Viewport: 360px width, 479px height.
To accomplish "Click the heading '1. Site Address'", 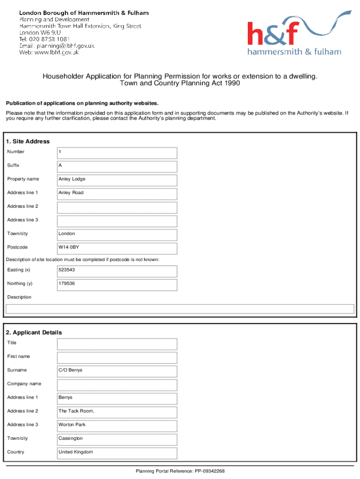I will [x=28, y=141].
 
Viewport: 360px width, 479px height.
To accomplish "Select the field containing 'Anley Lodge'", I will [x=117, y=180].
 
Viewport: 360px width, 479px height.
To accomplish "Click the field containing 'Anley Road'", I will [x=117, y=193].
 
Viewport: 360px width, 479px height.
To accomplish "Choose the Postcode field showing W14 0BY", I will [x=117, y=247].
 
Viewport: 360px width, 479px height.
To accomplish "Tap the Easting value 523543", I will [x=117, y=270].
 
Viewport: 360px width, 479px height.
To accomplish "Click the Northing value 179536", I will [x=117, y=284].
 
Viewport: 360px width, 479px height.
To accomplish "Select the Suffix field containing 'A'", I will [x=117, y=166].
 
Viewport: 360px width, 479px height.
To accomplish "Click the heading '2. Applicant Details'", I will [x=34, y=333].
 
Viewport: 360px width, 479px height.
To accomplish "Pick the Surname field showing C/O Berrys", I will [x=117, y=370].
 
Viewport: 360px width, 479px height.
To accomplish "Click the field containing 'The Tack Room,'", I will [x=117, y=412].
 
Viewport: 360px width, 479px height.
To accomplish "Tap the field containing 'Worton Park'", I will [x=117, y=425].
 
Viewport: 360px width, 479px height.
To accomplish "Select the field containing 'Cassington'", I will [x=117, y=439].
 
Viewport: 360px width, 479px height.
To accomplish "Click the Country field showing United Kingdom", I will [x=117, y=452].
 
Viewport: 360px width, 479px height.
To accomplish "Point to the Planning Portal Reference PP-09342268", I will [x=180, y=471].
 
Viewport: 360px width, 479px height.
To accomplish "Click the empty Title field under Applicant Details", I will [x=117, y=344].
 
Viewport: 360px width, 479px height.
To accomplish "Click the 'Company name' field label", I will [x=24, y=384].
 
